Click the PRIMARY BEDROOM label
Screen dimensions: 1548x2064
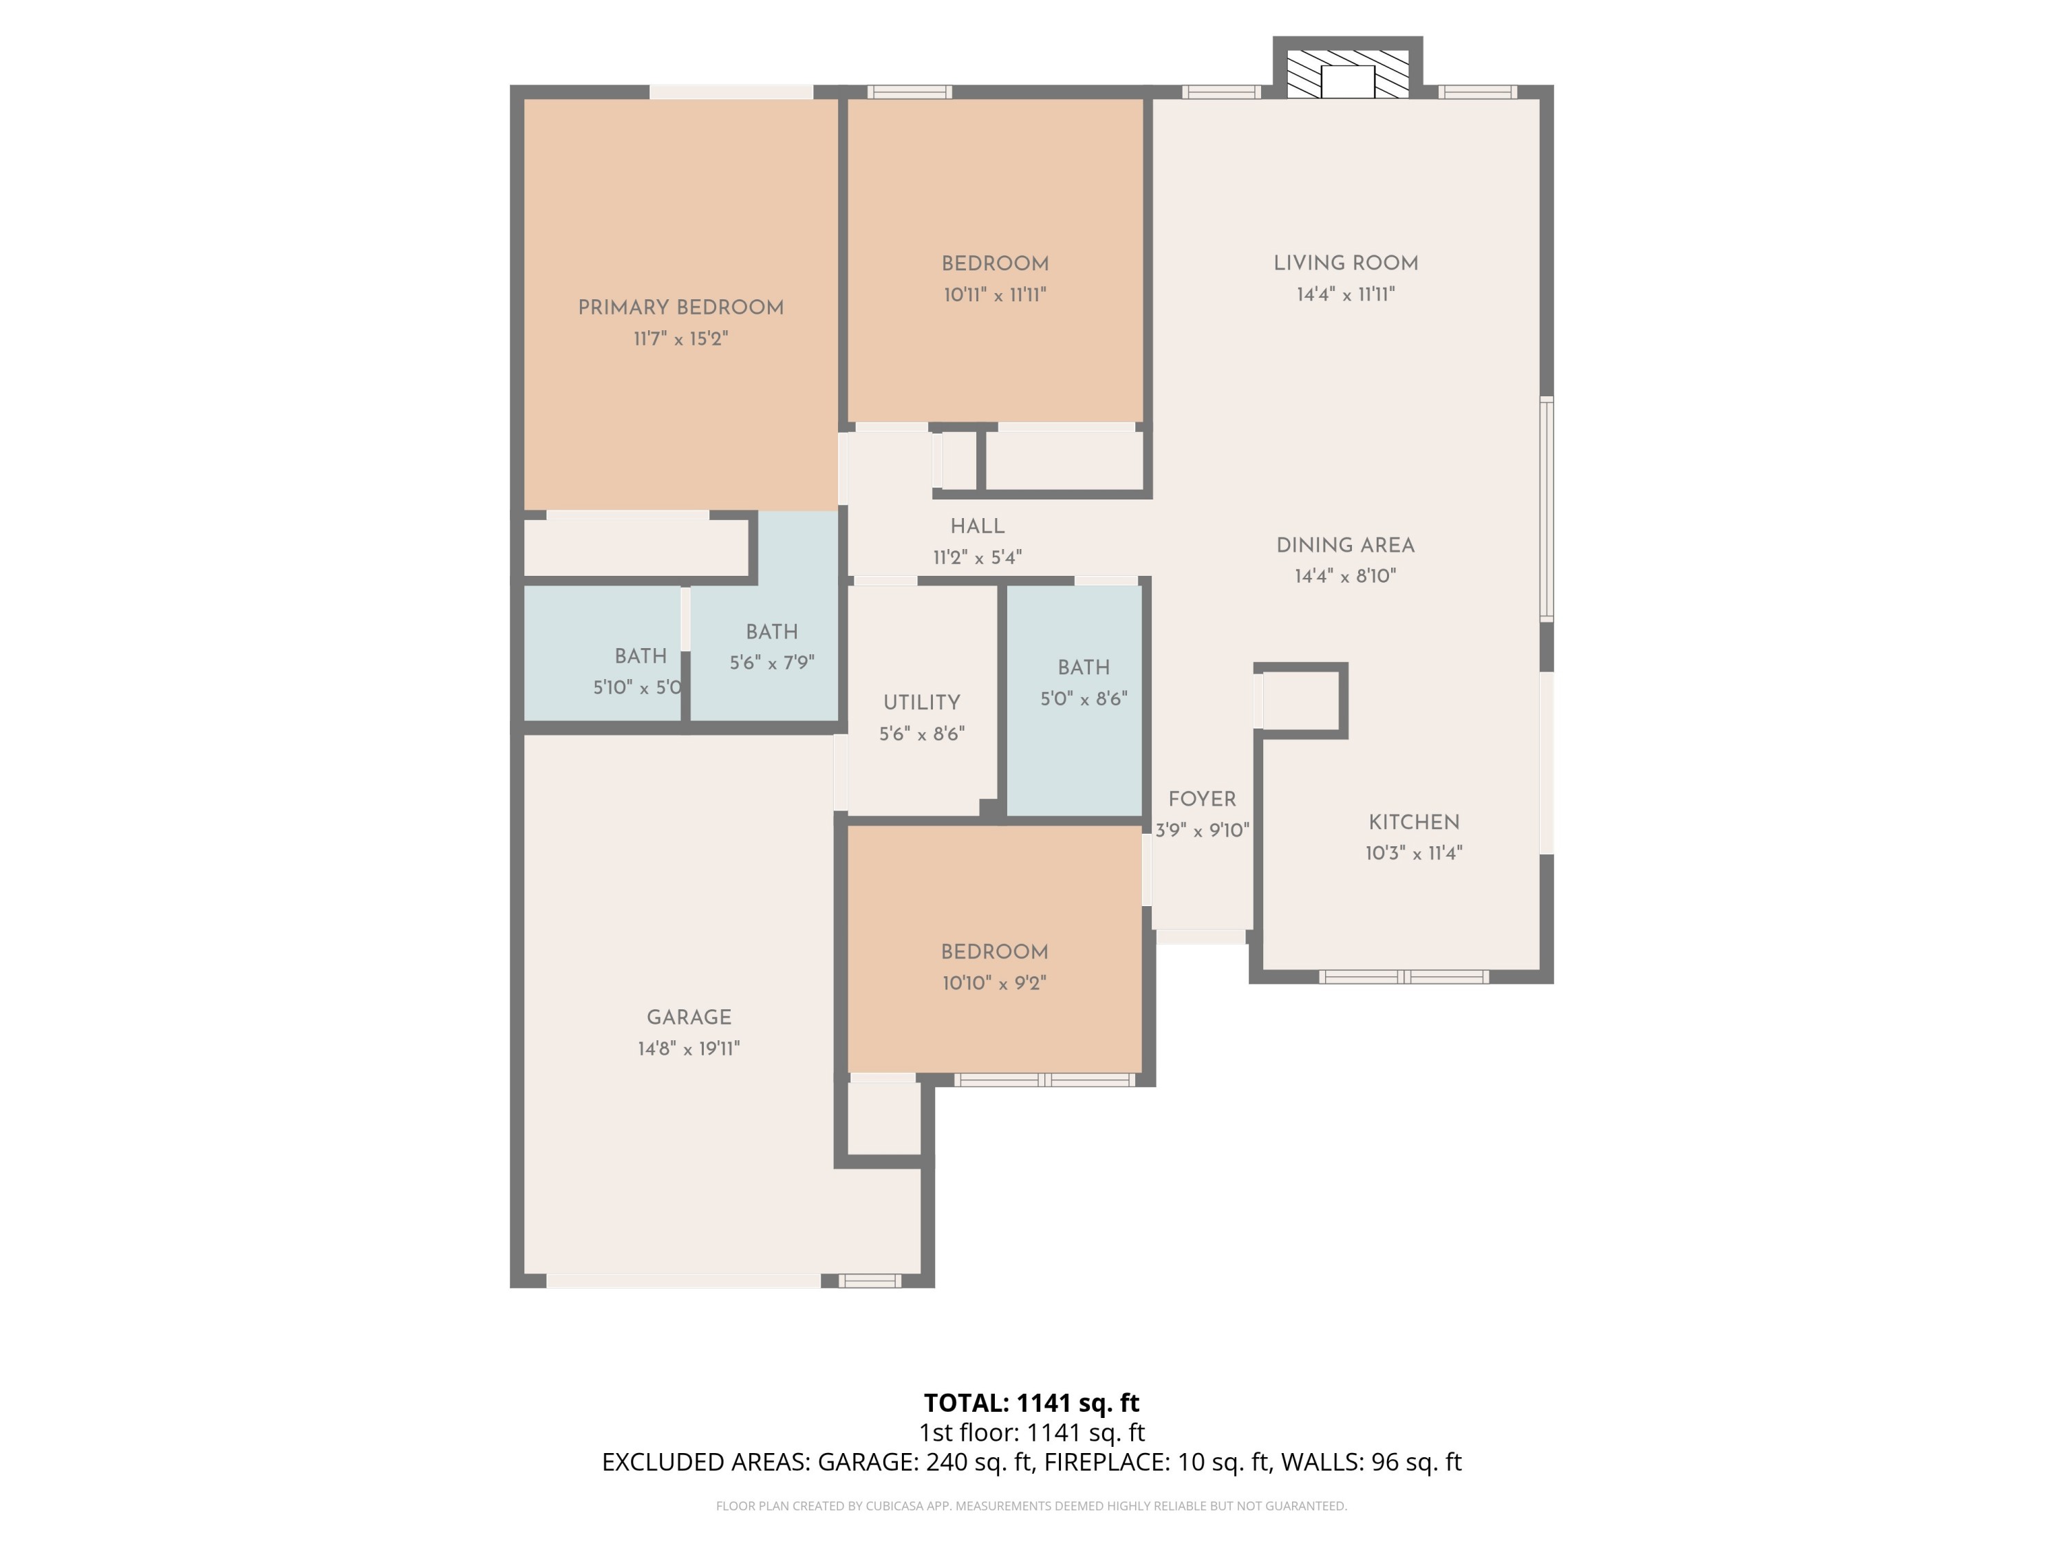(x=680, y=307)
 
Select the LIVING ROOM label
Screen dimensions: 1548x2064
(x=1346, y=263)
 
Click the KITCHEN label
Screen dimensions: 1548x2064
(x=1414, y=822)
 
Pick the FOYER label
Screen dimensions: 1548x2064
(x=1202, y=799)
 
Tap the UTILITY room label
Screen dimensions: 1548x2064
(x=921, y=702)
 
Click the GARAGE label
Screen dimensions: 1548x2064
(x=689, y=1017)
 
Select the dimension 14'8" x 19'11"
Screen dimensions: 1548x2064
(x=689, y=1048)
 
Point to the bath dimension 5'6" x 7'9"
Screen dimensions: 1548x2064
(x=772, y=663)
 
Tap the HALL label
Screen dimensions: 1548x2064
(x=977, y=526)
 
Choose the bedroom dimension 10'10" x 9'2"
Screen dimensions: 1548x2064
(x=993, y=982)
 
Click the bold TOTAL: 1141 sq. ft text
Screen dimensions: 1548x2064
(x=1031, y=1402)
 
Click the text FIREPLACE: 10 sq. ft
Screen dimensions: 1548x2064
(x=1157, y=1462)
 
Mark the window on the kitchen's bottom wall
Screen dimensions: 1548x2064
(x=1404, y=977)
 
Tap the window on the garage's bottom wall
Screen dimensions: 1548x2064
(x=869, y=1281)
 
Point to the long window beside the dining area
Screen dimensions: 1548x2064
(x=1546, y=508)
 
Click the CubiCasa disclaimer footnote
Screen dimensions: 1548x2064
(x=1031, y=1505)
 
